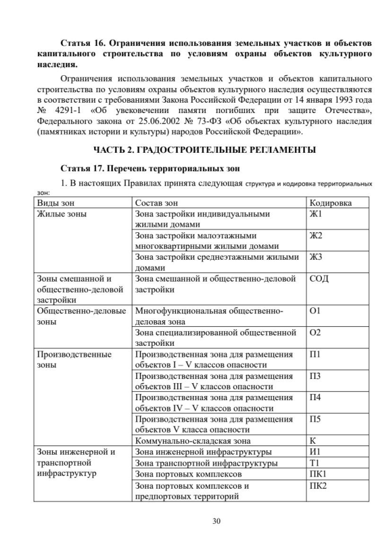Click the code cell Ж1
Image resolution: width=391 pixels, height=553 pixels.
click(x=316, y=214)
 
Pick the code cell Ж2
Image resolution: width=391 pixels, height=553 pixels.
click(x=316, y=236)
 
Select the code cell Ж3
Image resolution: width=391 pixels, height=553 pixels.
click(x=316, y=257)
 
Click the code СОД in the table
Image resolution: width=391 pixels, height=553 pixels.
click(x=320, y=279)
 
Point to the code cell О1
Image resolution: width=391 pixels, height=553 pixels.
click(x=315, y=311)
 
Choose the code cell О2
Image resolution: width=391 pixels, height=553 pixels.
click(x=315, y=332)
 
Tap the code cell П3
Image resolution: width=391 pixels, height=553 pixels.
click(x=315, y=376)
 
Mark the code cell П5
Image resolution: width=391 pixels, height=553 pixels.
click(x=315, y=419)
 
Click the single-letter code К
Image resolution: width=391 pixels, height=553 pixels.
click(x=313, y=441)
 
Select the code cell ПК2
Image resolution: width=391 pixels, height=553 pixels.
click(x=318, y=486)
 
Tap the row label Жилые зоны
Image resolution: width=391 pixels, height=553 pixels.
click(x=62, y=214)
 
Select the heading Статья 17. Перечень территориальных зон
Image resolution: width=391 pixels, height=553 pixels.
click(x=151, y=168)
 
